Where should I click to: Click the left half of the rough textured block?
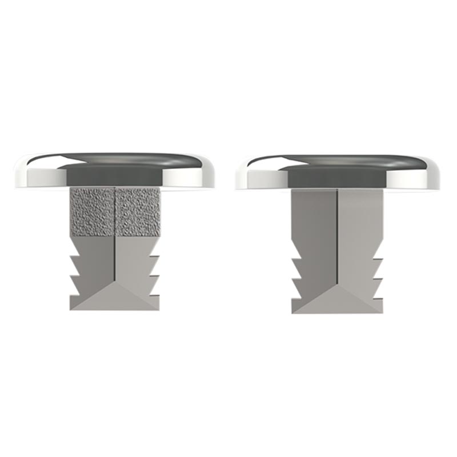93,211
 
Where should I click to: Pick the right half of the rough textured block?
138,211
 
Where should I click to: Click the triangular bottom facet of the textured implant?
115,299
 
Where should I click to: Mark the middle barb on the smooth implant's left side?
295,282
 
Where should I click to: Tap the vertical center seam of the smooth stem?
338,240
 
